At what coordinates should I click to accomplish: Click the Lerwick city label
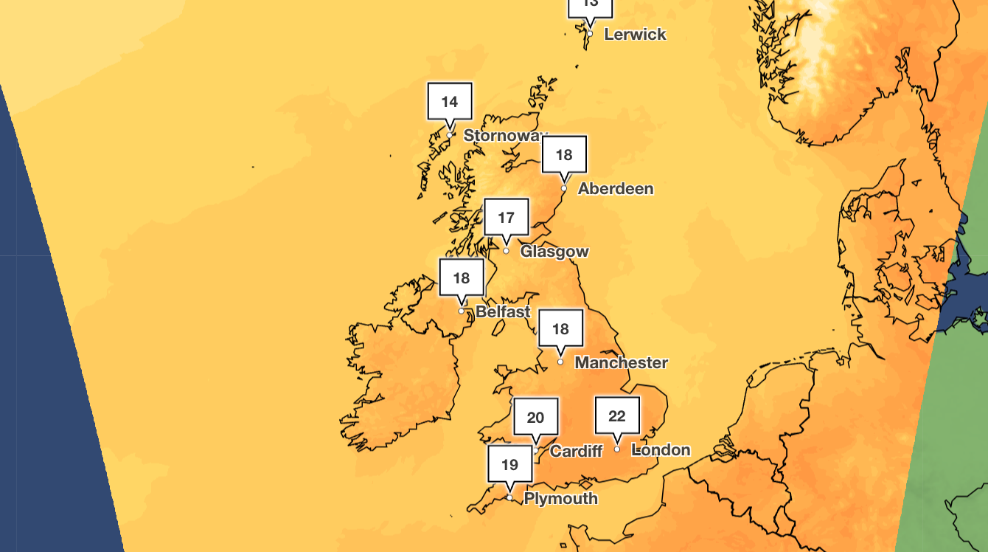pos(635,34)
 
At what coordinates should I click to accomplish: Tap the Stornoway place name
pos(506,136)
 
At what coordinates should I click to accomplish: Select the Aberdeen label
pos(616,189)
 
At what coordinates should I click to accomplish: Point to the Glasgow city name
pos(554,252)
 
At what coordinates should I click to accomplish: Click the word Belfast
pos(503,311)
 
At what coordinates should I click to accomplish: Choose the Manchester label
pos(621,362)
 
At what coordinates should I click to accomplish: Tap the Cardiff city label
pos(576,451)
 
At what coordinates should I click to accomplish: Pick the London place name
pos(661,449)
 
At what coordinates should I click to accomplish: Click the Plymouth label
pos(560,499)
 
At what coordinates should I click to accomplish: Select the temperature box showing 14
pos(450,102)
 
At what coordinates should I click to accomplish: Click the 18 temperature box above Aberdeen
pos(564,155)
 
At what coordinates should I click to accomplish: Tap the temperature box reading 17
pos(506,218)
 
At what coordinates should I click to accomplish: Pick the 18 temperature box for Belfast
pos(462,278)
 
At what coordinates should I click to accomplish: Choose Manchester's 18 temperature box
pos(560,329)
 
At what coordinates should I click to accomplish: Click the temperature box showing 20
pos(535,418)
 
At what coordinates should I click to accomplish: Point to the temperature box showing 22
pos(617,416)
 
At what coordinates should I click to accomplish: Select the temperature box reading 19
pos(509,465)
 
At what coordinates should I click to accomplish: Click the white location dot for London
pos(617,449)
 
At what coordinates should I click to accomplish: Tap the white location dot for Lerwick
pos(589,33)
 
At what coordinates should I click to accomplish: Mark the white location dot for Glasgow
pos(506,251)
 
